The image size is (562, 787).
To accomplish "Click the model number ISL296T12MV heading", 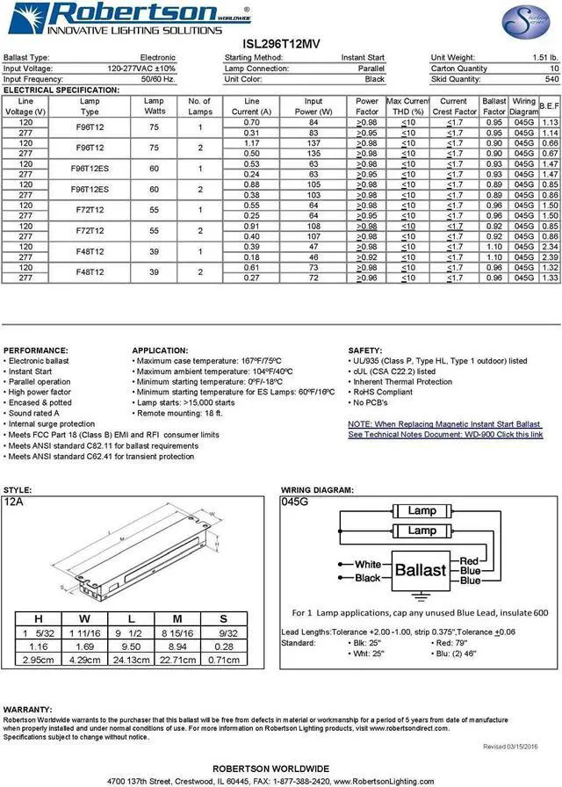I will coord(281,43).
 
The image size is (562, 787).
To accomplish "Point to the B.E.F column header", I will coord(550,106).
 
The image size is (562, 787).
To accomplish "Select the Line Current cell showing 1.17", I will coord(252,142).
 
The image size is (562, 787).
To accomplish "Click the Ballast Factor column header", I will coord(494,106).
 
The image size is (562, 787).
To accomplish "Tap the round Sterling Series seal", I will coord(522,21).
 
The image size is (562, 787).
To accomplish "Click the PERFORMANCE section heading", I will coord(35,350).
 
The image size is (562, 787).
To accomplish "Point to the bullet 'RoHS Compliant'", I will coord(384,393).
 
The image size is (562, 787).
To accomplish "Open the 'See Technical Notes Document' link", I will coord(445,435).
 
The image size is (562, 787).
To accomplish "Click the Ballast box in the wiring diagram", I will coord(420,569).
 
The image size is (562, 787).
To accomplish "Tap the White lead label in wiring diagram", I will coord(368,564).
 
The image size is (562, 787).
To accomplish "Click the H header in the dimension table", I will coord(38,617).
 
